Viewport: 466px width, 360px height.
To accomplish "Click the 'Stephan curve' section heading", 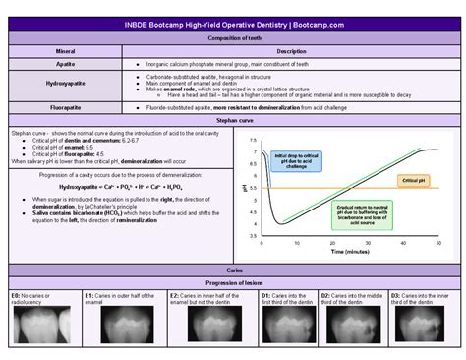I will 234,117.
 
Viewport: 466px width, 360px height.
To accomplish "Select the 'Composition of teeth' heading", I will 234,38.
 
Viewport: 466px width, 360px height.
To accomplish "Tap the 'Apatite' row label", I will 66,62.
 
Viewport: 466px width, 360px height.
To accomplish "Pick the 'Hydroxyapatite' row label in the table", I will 66,83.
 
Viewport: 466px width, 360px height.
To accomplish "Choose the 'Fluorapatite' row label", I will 66,105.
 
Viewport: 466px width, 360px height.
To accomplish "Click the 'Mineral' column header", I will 66,50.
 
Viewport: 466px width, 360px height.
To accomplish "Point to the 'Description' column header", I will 291,50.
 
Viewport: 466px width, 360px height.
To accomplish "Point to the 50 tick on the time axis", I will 438,243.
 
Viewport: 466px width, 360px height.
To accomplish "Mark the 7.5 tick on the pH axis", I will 253,140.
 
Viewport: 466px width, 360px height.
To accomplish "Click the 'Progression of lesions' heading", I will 234,281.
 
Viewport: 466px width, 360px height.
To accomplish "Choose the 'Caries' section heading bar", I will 234,270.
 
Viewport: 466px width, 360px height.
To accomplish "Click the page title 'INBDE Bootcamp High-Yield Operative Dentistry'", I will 233,24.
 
